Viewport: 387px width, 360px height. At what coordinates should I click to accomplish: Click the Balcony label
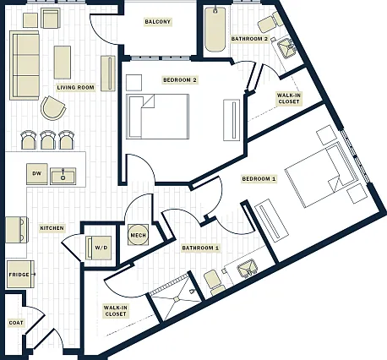(157, 22)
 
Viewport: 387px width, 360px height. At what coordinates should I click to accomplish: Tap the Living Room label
(75, 88)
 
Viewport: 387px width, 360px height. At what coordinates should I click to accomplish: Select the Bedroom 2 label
(180, 80)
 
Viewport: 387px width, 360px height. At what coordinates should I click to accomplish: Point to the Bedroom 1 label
(259, 179)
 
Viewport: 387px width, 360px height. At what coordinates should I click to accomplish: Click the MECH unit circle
(139, 235)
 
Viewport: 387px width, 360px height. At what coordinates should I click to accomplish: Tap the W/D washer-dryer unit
(99, 248)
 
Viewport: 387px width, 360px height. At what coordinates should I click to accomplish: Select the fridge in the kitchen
(20, 275)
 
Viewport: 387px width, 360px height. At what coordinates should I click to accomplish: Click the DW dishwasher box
(37, 174)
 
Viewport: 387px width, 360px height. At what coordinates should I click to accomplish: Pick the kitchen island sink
(63, 176)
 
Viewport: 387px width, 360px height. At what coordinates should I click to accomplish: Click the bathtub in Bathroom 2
(215, 30)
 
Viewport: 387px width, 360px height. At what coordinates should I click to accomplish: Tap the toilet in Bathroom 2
(270, 23)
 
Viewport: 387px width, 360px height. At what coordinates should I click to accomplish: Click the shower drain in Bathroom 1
(176, 299)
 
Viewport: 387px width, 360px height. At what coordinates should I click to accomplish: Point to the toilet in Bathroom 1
(214, 282)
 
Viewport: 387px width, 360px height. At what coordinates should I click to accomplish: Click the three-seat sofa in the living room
(25, 65)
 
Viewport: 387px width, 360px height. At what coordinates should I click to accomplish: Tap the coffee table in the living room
(63, 63)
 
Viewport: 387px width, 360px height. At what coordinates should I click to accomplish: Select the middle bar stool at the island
(48, 140)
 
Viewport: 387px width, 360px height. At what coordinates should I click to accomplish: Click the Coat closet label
(16, 323)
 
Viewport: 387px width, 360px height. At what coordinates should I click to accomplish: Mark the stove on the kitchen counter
(17, 230)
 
